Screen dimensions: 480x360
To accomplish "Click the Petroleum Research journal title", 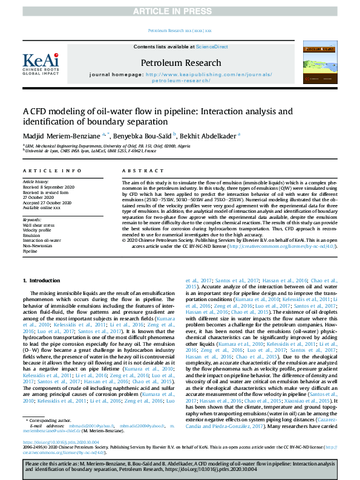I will pyautogui.click(x=181, y=62).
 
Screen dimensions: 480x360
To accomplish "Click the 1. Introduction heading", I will pyautogui.click(x=41, y=281).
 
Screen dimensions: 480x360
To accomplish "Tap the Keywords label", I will pyautogui.click(x=33, y=219).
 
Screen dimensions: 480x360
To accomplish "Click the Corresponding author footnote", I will pyautogui.click(x=49, y=419).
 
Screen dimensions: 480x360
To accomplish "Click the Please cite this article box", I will pyautogui.click(x=180, y=466).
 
